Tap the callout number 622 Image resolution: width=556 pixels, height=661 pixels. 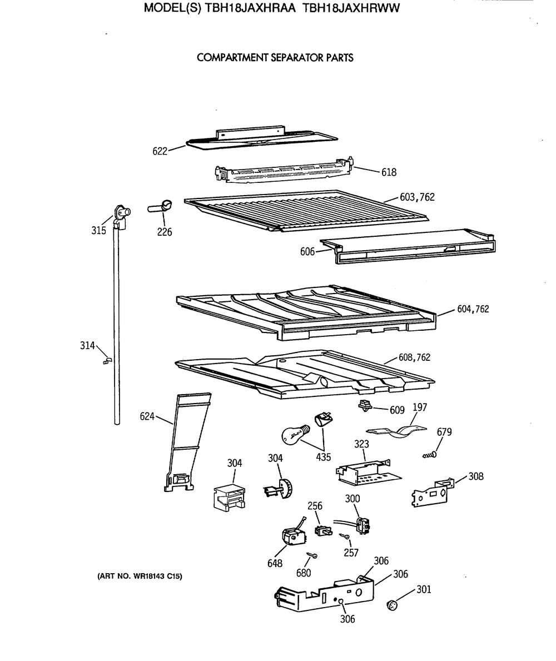tap(160, 151)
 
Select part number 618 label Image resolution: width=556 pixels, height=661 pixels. tap(389, 172)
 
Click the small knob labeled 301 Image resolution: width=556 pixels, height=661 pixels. tap(393, 606)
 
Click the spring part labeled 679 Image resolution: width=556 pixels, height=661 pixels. tap(430, 455)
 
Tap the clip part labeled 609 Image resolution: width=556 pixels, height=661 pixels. tap(364, 405)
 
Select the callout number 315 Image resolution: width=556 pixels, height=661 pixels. tap(98, 230)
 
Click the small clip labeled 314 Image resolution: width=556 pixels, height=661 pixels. tap(107, 360)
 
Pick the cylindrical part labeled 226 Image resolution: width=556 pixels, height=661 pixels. tap(160, 207)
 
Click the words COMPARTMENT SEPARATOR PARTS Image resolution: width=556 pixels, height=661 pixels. tap(275, 58)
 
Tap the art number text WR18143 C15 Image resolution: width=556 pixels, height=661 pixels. tap(158, 576)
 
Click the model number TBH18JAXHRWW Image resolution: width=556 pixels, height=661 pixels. tap(351, 8)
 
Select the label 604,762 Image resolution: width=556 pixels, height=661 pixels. tap(473, 309)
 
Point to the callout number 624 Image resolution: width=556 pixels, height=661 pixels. tap(147, 416)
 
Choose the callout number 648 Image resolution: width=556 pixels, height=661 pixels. tap(275, 563)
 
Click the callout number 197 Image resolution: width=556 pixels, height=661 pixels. tap(420, 407)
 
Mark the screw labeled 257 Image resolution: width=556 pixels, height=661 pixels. tap(344, 536)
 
